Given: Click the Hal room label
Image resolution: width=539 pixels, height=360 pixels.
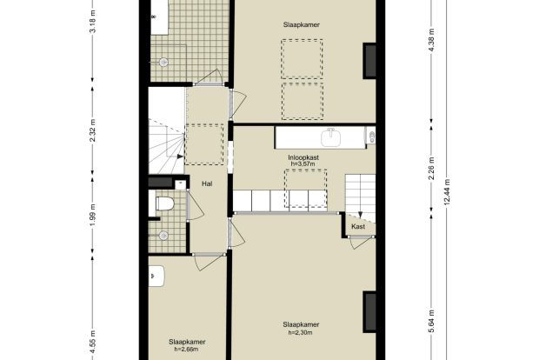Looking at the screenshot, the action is (207, 184).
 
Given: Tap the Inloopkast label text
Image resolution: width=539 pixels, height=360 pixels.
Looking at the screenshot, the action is (303, 157).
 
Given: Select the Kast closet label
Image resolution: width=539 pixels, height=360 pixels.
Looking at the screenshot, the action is (358, 227).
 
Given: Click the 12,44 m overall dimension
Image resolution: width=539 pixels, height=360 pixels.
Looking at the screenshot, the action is (447, 192).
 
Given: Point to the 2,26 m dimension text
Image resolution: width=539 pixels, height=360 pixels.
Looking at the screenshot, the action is (432, 168).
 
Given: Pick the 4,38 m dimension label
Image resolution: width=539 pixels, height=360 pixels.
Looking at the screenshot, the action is (432, 39).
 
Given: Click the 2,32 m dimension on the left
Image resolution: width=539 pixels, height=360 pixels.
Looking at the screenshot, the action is (92, 130).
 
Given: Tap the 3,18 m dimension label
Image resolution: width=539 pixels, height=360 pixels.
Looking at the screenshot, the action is (92, 22).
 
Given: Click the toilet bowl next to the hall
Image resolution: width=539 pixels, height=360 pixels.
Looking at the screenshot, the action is (164, 203).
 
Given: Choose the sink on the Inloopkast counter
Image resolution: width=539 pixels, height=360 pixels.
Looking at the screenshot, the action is (330, 137).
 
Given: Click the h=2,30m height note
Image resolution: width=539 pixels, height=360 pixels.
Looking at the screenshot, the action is (300, 332).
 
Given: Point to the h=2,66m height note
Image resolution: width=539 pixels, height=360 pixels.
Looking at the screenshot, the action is (186, 350).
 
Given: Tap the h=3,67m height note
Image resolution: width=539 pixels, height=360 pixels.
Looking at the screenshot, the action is (303, 164).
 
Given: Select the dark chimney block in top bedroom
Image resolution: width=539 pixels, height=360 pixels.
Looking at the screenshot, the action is (369, 61).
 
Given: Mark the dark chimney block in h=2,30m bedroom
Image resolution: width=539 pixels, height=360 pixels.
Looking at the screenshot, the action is (369, 312).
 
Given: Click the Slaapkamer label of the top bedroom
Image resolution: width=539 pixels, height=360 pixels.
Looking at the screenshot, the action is (302, 24).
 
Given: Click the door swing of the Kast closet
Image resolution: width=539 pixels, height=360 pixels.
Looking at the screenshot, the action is (360, 243).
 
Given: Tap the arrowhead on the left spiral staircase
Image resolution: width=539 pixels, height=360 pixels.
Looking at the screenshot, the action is (180, 157).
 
